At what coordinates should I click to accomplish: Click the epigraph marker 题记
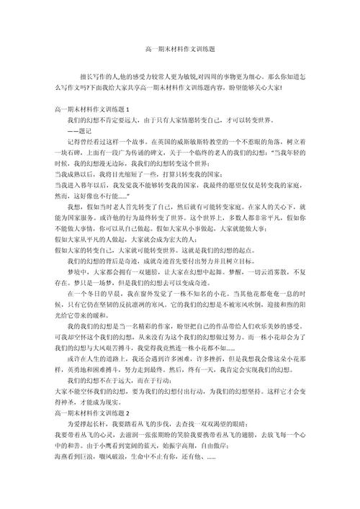pos(81,132)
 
